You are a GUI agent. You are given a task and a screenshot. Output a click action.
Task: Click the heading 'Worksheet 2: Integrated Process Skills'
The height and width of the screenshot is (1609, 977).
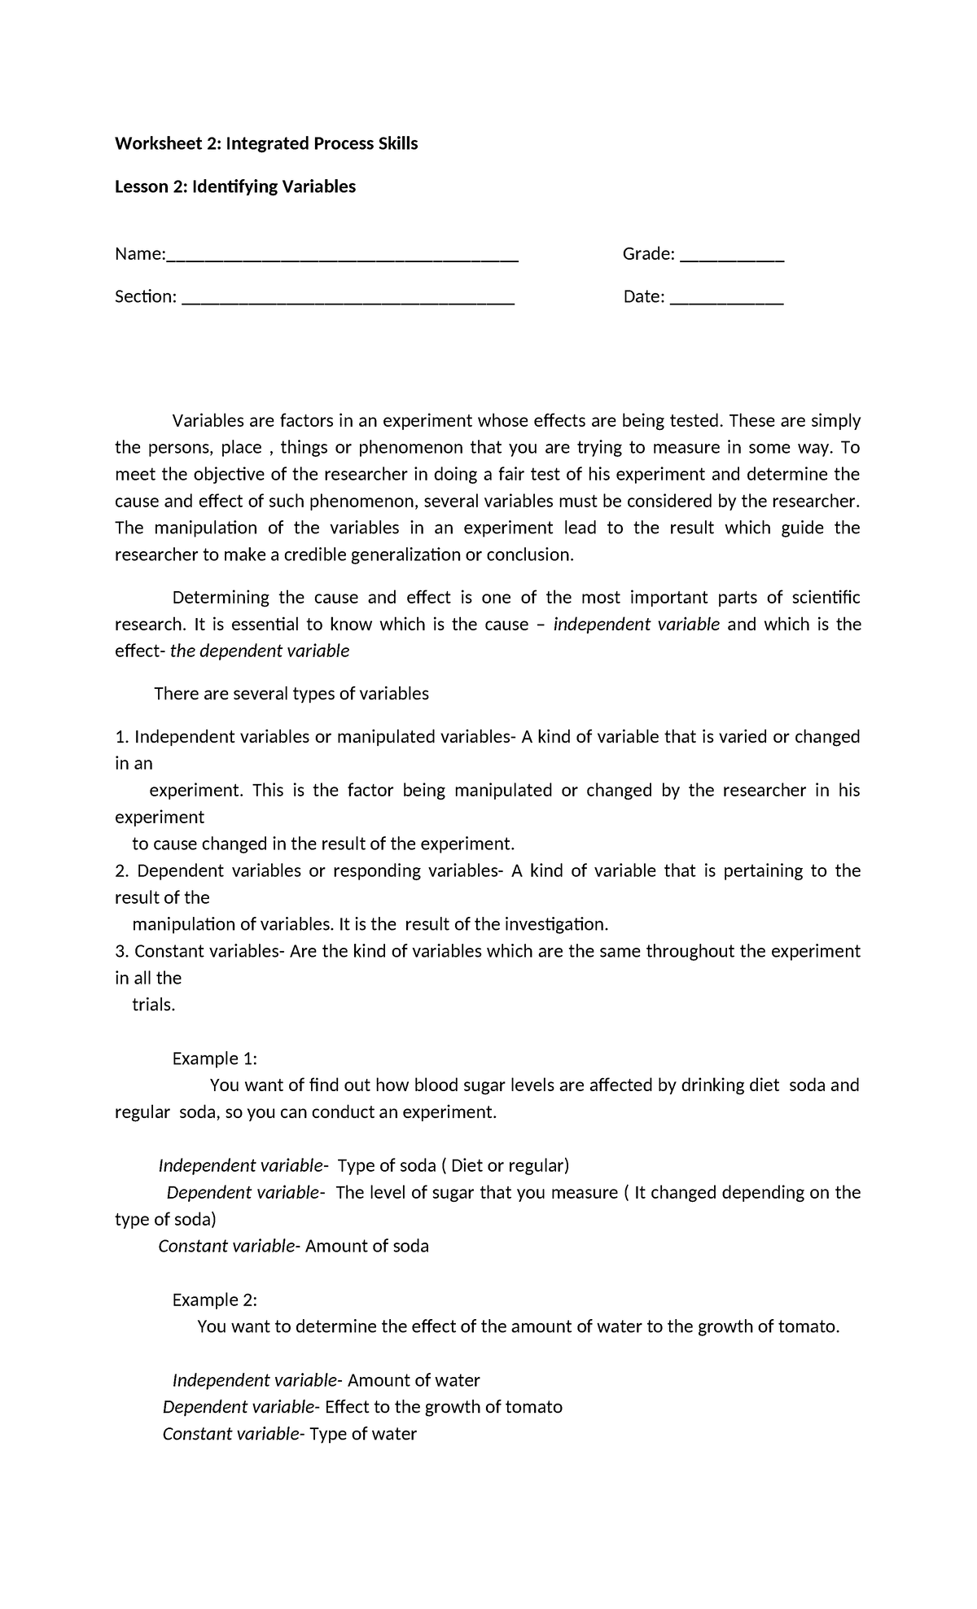[266, 144]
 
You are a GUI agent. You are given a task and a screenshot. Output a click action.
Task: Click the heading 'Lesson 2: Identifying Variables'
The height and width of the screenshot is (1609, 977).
[235, 186]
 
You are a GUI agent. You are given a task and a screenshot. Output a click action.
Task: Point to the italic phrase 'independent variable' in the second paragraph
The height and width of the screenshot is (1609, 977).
[636, 625]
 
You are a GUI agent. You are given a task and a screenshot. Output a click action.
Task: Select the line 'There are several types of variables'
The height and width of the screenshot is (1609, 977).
[291, 694]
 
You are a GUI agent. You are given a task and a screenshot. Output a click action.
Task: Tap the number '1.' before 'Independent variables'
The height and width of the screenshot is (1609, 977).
[122, 737]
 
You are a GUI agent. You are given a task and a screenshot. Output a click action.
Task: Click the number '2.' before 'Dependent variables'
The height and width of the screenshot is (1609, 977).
[122, 871]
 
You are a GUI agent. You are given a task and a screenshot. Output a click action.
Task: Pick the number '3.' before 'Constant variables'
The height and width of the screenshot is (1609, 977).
[122, 951]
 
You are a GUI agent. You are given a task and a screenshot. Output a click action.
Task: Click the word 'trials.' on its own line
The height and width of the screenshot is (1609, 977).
[154, 1005]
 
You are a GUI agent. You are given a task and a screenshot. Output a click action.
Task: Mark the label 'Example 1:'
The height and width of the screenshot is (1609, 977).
[215, 1059]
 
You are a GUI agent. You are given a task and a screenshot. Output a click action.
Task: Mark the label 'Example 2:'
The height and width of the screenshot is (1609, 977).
[215, 1300]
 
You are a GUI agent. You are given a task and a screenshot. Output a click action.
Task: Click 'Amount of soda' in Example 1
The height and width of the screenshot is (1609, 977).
[367, 1246]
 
